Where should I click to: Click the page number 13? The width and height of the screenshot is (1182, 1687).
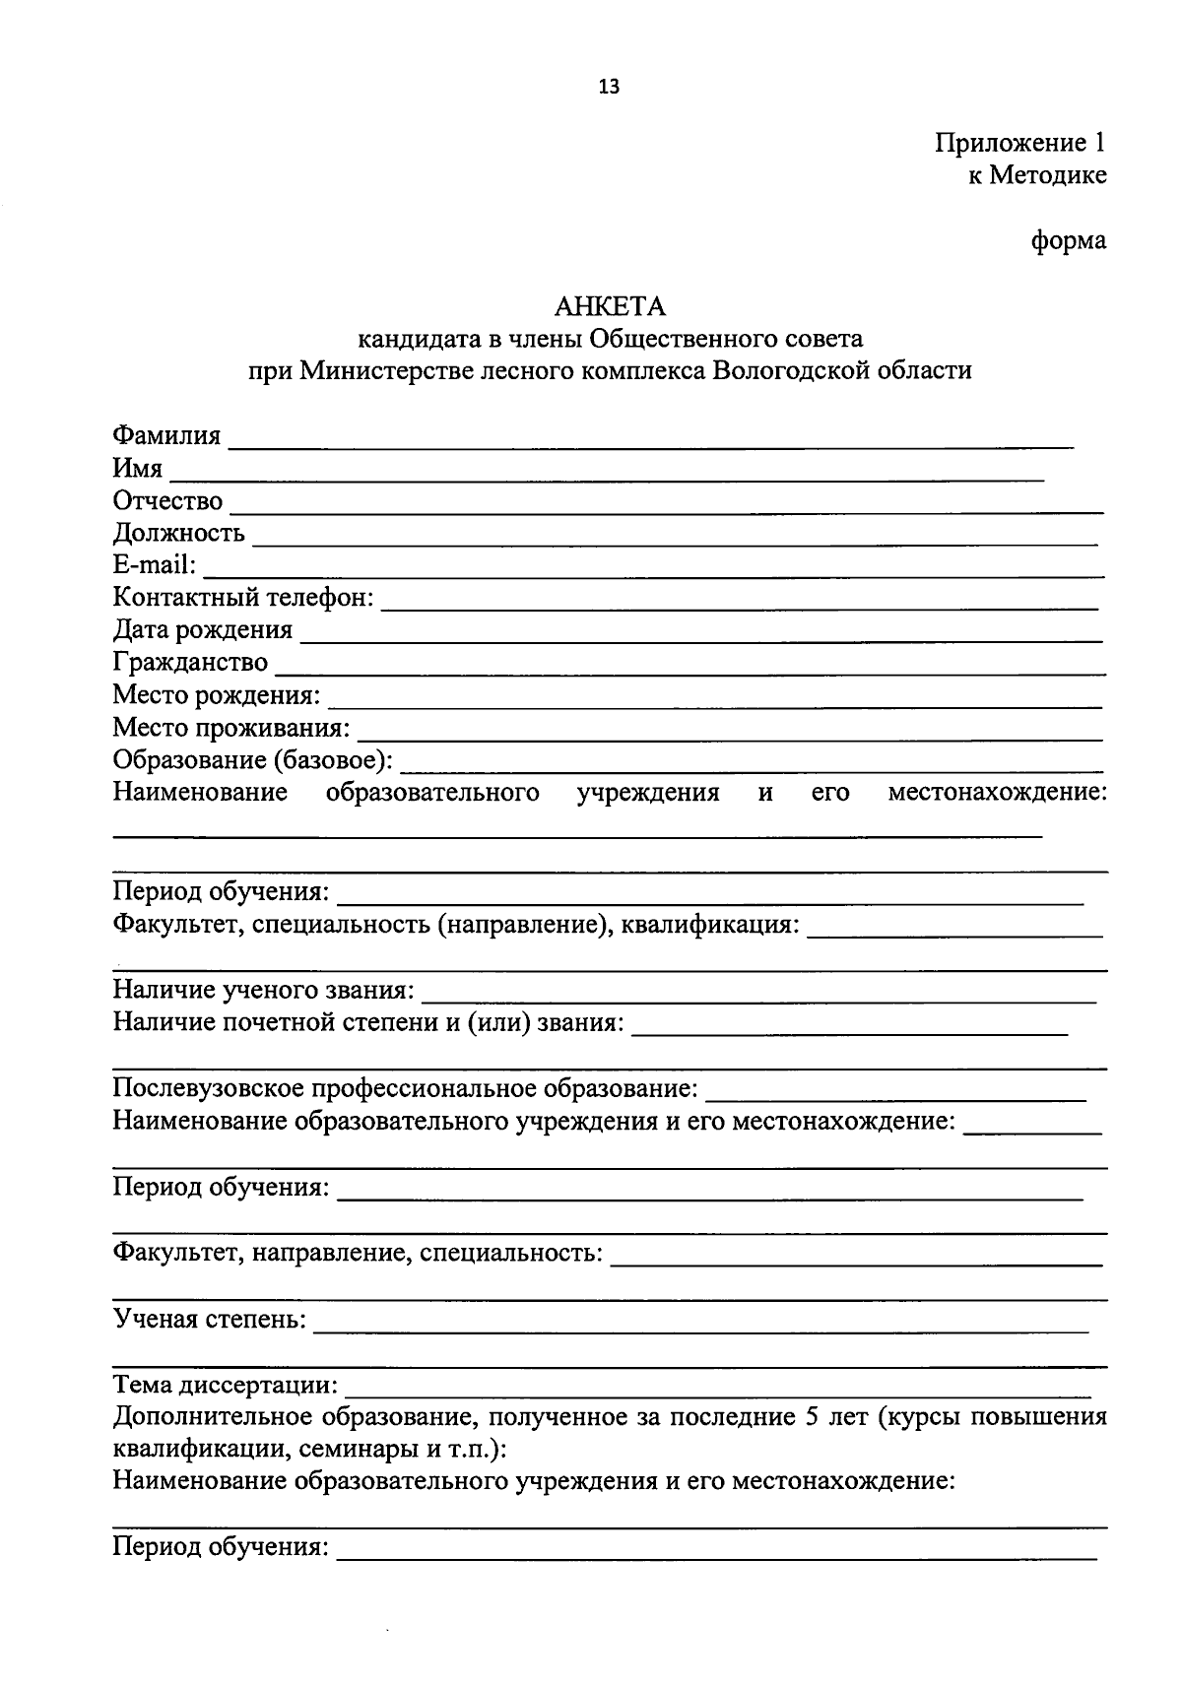point(609,87)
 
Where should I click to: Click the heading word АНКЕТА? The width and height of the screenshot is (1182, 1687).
point(610,307)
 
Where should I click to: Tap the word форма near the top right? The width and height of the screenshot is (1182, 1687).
point(1069,240)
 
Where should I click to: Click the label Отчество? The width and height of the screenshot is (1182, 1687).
point(167,501)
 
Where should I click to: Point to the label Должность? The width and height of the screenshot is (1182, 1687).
point(178,534)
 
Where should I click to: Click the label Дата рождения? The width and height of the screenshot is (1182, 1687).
point(202,630)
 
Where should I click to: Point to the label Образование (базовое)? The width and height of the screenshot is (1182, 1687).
point(252,760)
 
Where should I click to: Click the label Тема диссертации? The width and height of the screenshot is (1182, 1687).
point(226,1386)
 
